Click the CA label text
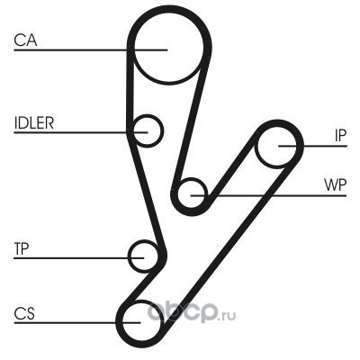(x=25, y=40)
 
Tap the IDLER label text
(x=34, y=122)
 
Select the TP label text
(x=22, y=248)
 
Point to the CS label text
(x=24, y=313)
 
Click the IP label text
(x=340, y=136)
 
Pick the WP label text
(x=335, y=185)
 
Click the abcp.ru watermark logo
(x=192, y=312)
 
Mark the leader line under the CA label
(x=91, y=49)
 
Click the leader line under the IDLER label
(x=81, y=132)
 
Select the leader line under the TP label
(x=79, y=258)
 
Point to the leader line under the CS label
(x=77, y=323)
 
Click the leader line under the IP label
(x=313, y=146)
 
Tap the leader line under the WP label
(x=269, y=195)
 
